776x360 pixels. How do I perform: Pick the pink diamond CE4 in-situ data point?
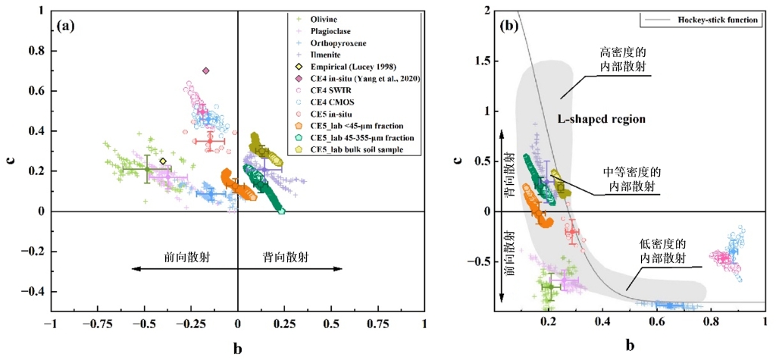point(205,71)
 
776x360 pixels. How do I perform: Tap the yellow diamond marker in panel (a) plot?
point(163,161)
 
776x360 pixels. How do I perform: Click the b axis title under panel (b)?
point(630,345)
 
